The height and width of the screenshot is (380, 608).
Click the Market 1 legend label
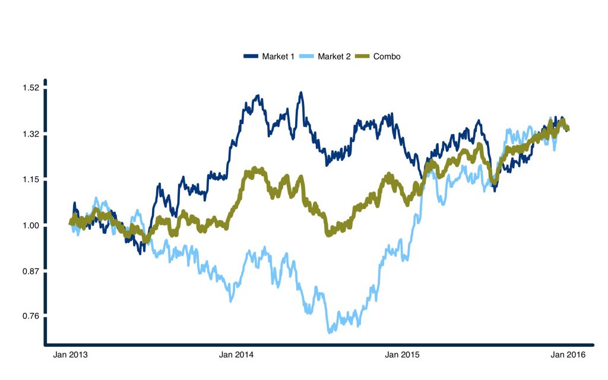[x=278, y=56]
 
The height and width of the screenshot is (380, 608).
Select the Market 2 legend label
[x=334, y=56]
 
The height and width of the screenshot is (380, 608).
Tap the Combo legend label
[x=387, y=56]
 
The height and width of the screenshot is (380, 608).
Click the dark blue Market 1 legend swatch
[x=251, y=56]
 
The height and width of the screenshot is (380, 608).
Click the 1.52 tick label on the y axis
[x=30, y=88]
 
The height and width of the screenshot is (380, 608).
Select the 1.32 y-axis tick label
[x=30, y=134]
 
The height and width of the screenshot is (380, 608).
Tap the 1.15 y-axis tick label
[x=30, y=179]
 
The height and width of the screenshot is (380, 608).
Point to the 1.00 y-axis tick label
[x=30, y=226]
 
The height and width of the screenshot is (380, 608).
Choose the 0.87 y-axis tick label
[x=30, y=271]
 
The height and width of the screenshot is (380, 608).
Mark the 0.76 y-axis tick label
[x=30, y=316]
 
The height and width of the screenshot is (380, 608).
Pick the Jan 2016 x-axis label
[x=568, y=355]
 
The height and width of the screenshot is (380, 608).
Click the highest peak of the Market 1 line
[x=301, y=93]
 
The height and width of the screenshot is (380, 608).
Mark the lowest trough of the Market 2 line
[x=328, y=331]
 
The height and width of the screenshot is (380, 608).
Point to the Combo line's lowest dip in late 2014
[x=330, y=235]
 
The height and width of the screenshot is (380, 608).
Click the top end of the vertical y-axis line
[x=45, y=81]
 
